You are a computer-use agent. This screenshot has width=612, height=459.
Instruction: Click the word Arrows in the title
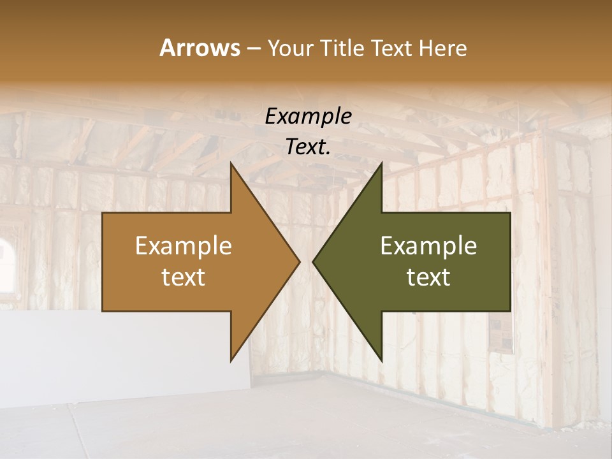(199, 48)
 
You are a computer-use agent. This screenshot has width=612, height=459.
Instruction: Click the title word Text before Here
(393, 48)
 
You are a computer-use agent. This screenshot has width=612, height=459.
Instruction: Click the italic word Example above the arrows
(308, 117)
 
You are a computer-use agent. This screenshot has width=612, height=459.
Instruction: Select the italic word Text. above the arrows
(308, 147)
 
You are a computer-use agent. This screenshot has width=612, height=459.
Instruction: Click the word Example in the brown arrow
(184, 246)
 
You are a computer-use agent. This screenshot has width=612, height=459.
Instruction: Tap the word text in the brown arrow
(184, 277)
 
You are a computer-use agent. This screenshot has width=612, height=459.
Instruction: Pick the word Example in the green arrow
(428, 246)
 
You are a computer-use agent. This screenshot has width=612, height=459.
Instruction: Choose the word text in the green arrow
(428, 277)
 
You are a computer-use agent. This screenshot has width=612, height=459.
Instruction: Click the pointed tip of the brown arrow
(299, 261)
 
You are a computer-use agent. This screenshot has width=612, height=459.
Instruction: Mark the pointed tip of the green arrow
(313, 261)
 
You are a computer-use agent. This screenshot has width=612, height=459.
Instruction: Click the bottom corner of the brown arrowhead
(231, 360)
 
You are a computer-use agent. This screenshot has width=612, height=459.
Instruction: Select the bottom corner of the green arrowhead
(381, 360)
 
